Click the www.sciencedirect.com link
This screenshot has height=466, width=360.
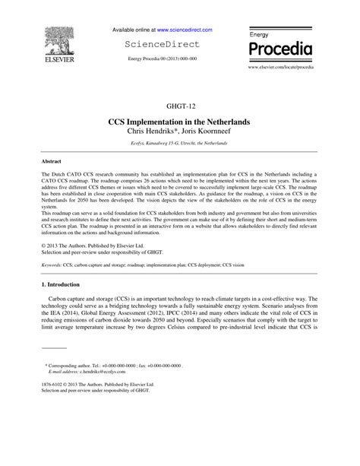pos(185,30)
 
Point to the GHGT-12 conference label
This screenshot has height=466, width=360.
pos(180,106)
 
